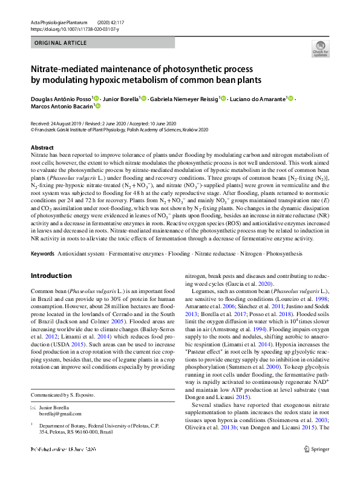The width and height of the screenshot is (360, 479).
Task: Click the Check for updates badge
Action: (320, 49)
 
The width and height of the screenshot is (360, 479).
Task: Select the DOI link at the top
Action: (70, 28)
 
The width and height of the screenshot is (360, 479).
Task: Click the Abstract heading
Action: (42, 148)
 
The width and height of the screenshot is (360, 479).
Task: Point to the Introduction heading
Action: (51, 276)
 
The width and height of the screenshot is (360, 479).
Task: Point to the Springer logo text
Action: (319, 466)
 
